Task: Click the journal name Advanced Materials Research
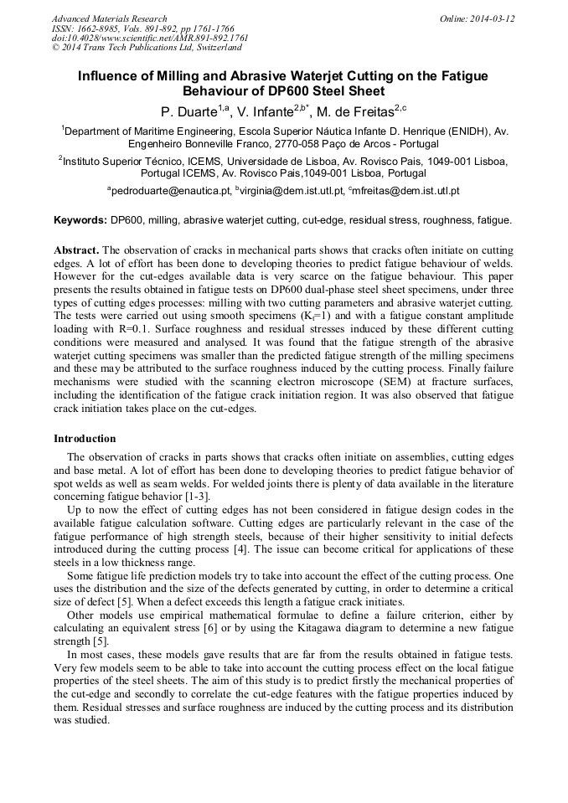pyautogui.click(x=109, y=18)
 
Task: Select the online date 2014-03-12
pyautogui.click(x=492, y=18)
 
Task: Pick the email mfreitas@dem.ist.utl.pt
pyautogui.click(x=407, y=191)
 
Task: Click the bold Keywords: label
pyautogui.click(x=80, y=220)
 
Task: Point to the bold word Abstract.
pyautogui.click(x=76, y=250)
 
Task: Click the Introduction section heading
pyautogui.click(x=85, y=438)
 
